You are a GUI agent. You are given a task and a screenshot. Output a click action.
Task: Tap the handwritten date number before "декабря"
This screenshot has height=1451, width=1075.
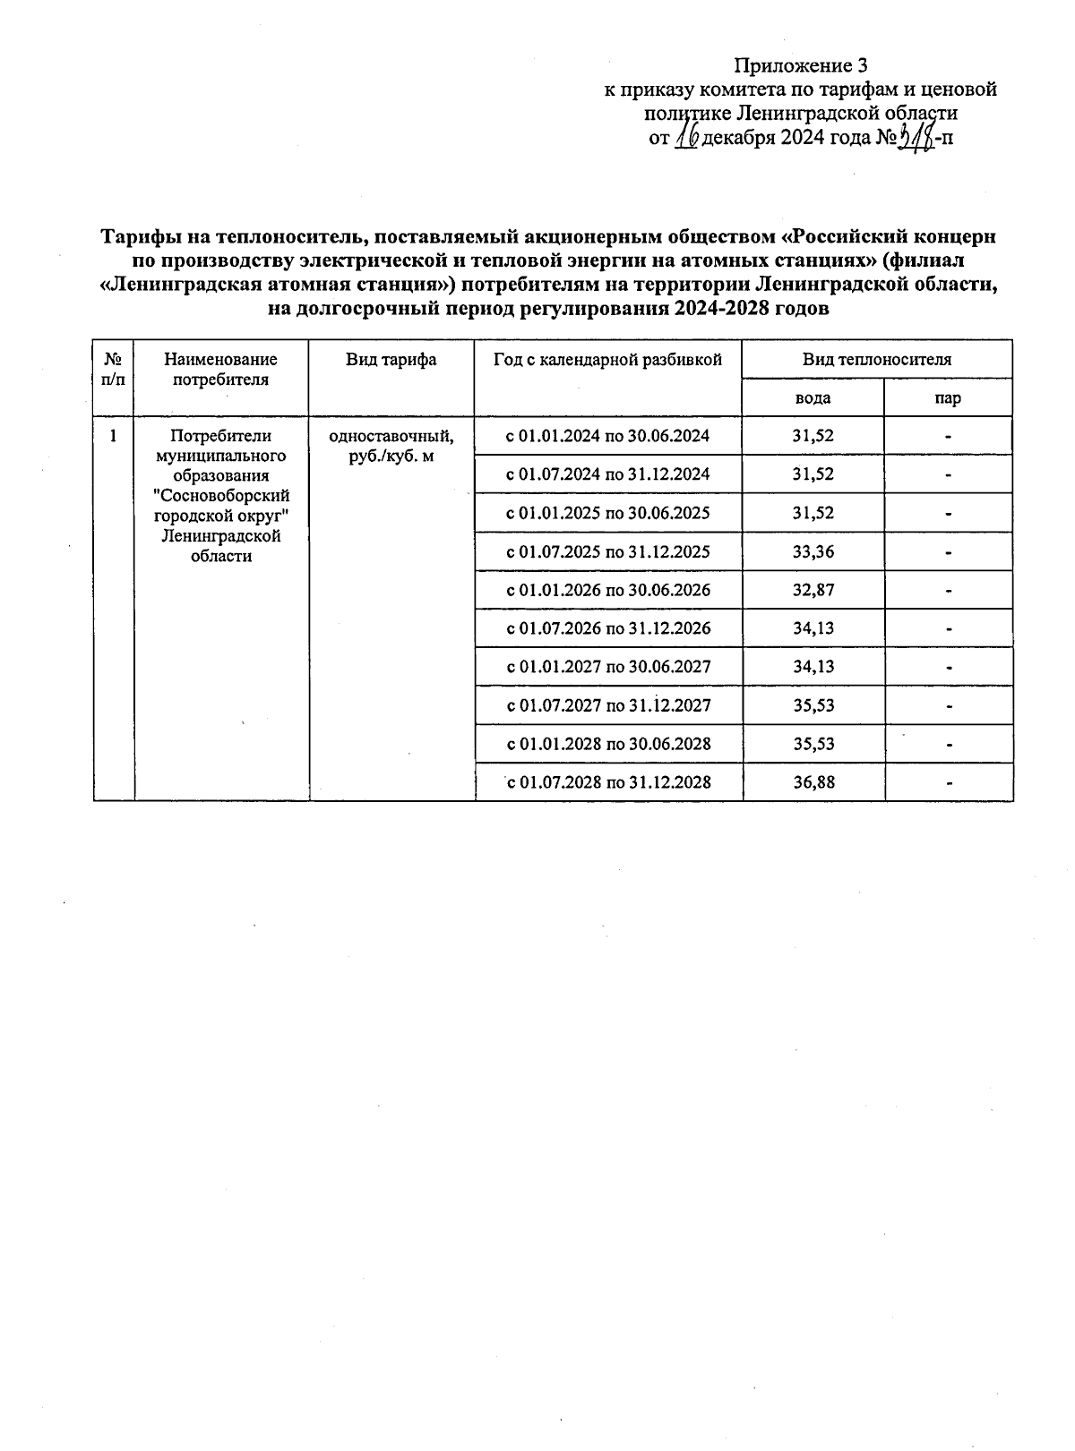pyautogui.click(x=687, y=137)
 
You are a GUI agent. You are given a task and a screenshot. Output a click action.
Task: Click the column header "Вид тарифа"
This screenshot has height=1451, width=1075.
pyautogui.click(x=391, y=360)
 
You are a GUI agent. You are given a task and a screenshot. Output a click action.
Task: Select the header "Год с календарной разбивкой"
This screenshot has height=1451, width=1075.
pyautogui.click(x=607, y=360)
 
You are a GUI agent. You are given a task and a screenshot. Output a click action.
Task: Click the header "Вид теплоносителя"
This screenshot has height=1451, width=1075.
pyautogui.click(x=876, y=360)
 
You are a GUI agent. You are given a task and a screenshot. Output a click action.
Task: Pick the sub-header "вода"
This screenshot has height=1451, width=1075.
pyautogui.click(x=813, y=398)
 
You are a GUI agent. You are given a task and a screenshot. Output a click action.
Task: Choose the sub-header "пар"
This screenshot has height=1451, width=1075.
pyautogui.click(x=948, y=398)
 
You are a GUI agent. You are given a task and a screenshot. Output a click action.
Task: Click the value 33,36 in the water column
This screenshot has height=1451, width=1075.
pyautogui.click(x=813, y=551)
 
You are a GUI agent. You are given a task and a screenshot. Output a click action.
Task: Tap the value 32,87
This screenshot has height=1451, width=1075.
pyautogui.click(x=813, y=590)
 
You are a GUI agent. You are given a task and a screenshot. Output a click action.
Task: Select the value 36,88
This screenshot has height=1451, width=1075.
pyautogui.click(x=813, y=782)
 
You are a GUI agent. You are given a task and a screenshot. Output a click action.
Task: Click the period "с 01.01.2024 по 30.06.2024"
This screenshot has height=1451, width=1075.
pyautogui.click(x=607, y=436)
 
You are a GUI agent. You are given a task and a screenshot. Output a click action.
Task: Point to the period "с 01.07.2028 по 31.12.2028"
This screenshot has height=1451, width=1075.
pyautogui.click(x=609, y=782)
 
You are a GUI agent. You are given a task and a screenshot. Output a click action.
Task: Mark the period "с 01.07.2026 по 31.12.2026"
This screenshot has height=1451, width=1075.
pyautogui.click(x=608, y=628)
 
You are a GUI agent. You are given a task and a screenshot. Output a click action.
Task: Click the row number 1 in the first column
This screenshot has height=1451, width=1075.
pyautogui.click(x=113, y=437)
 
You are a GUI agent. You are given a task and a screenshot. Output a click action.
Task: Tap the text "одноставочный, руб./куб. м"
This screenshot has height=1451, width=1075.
pyautogui.click(x=391, y=446)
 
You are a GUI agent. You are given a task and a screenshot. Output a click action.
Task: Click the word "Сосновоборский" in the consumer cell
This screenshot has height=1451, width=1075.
pyautogui.click(x=221, y=496)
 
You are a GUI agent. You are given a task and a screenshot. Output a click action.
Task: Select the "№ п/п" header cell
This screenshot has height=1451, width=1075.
pyautogui.click(x=113, y=369)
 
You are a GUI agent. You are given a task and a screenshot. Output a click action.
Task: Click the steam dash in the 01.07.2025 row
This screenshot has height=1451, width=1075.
pyautogui.click(x=948, y=552)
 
